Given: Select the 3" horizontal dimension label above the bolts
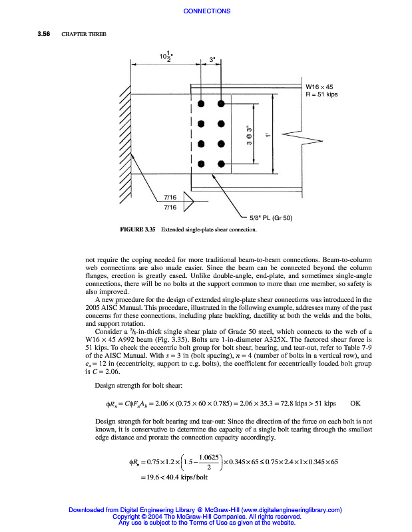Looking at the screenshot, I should tap(212, 60).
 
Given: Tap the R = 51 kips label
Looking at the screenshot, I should tap(321, 94).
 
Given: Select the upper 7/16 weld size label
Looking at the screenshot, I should tap(170, 198).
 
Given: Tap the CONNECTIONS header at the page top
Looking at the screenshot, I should tap(206, 11).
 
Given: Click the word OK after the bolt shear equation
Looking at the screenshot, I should tap(355, 403).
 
